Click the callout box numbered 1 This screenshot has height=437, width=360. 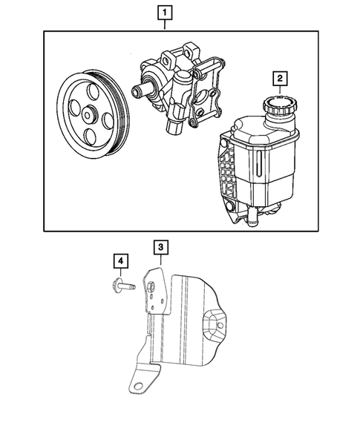164,13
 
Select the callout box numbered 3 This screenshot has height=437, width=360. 159,246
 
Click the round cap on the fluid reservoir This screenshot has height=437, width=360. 279,105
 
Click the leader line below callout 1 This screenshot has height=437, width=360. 164,25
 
